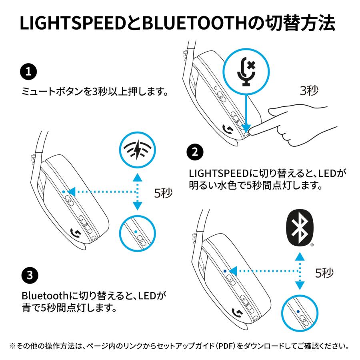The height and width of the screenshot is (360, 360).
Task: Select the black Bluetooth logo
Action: click(300, 228)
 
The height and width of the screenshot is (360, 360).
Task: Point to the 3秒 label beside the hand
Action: click(309, 91)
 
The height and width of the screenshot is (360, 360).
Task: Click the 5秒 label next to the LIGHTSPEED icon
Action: click(163, 194)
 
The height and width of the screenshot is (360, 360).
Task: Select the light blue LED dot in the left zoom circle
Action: click(136, 232)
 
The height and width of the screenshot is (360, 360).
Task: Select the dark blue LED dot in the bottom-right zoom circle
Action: click(298, 312)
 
